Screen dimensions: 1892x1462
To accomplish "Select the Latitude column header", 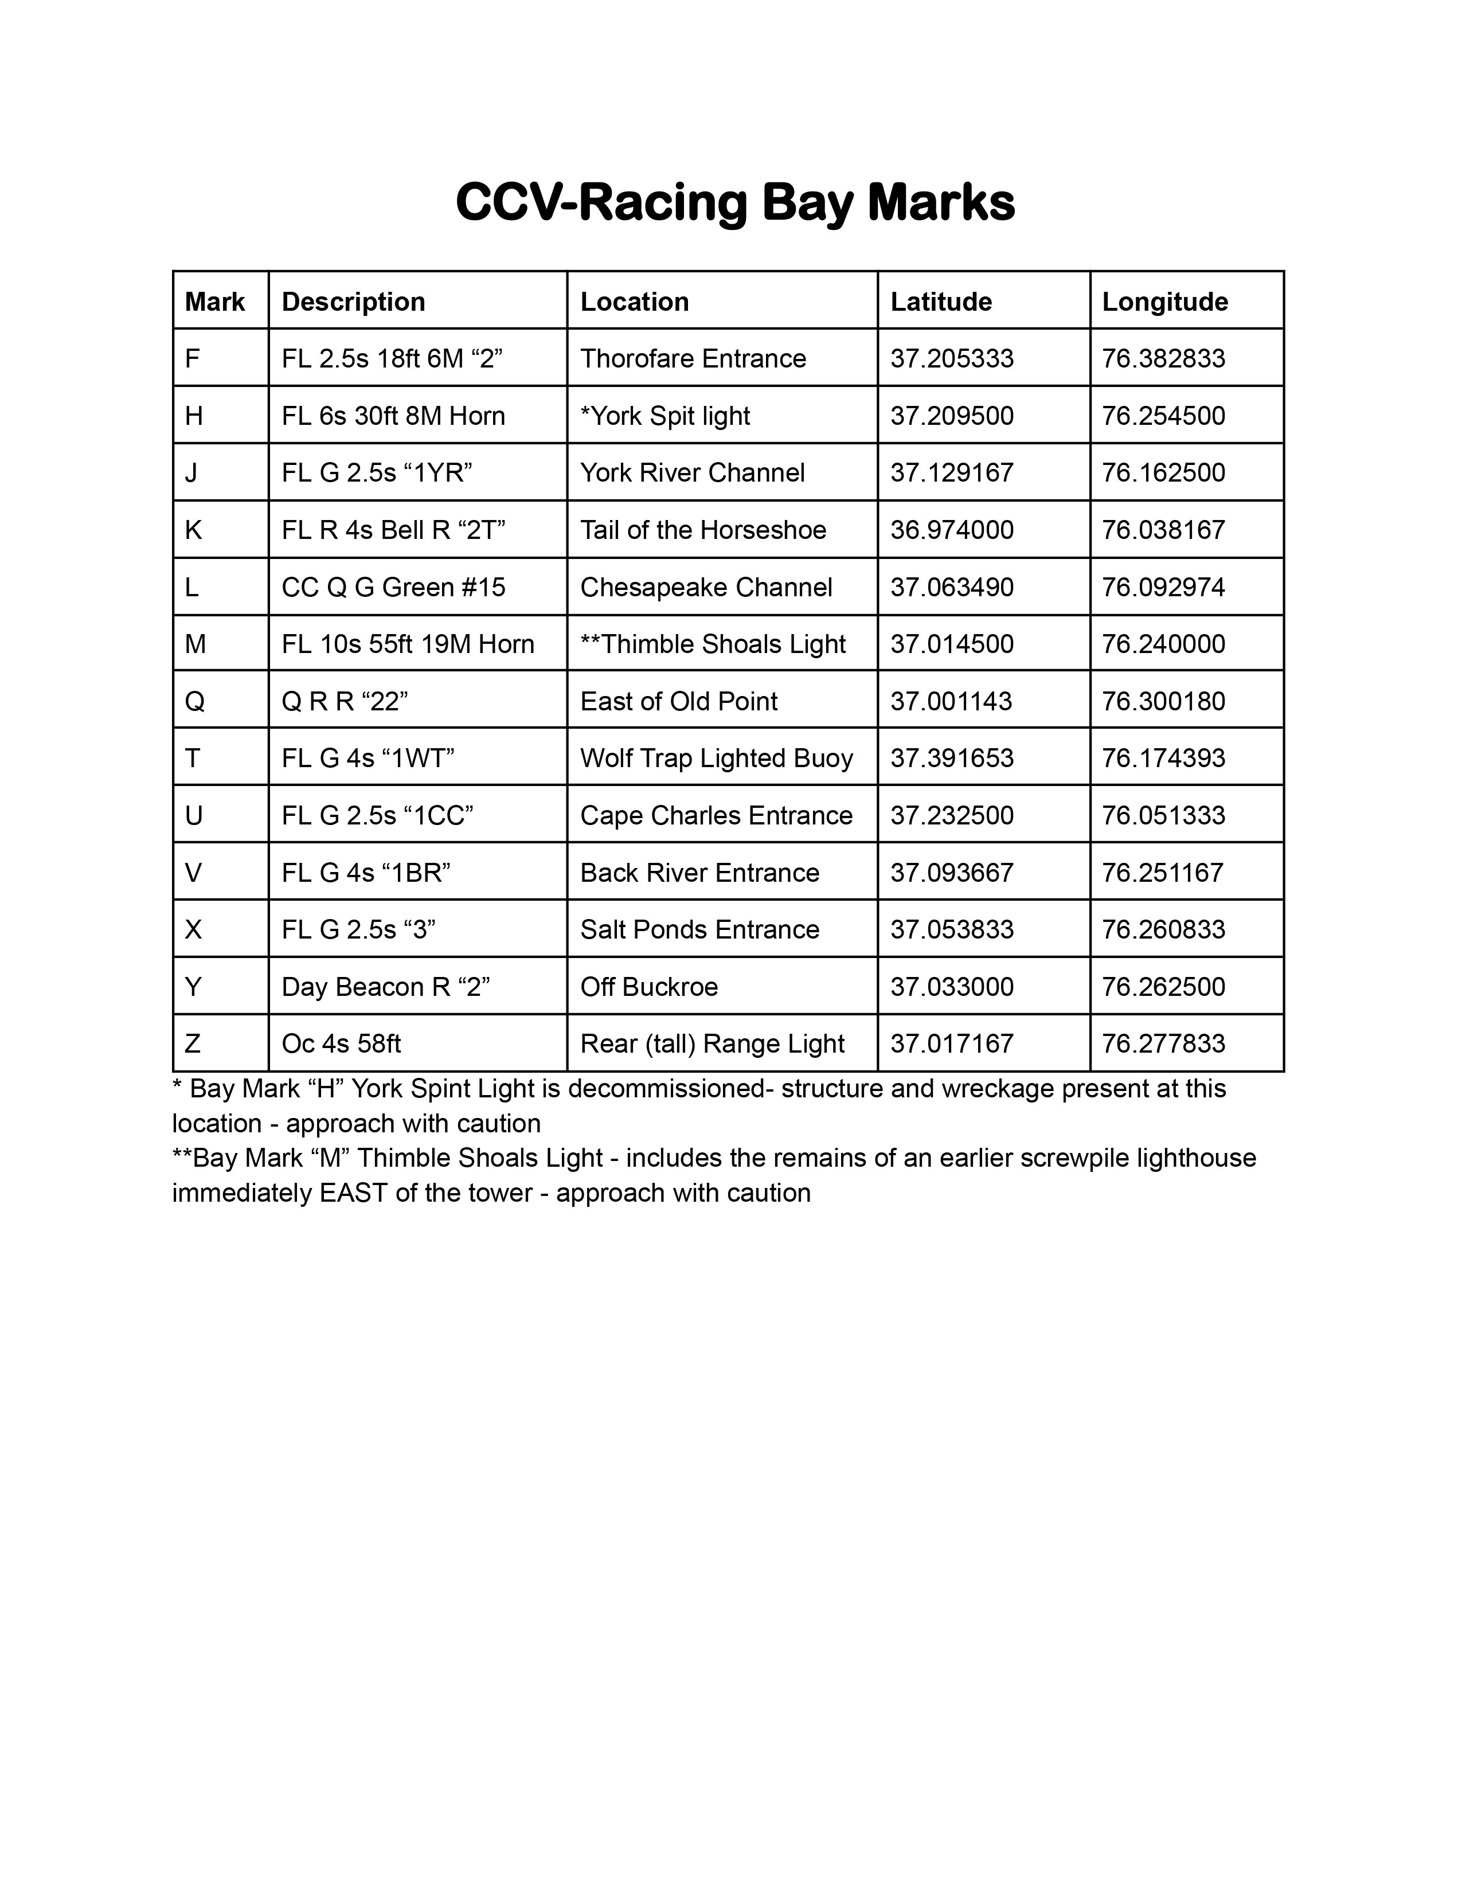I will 941,302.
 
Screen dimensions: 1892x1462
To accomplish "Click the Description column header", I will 353,302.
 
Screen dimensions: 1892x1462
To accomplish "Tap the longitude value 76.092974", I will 1163,587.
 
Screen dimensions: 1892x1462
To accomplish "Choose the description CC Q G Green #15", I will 393,587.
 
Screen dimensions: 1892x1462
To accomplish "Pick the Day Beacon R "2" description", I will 385,987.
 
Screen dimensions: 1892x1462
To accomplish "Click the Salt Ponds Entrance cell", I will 699,929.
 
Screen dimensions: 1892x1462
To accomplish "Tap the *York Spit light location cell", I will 665,416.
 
